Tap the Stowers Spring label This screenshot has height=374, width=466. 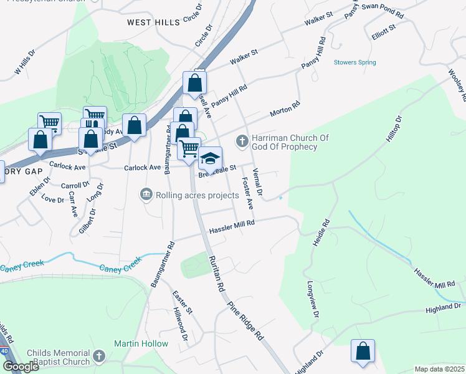354,62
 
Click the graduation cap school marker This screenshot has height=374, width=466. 211,158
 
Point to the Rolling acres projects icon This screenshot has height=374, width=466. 146,195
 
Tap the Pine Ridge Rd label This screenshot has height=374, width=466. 246,320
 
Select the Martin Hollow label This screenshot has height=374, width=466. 141,343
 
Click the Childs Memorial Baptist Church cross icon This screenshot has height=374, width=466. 98,357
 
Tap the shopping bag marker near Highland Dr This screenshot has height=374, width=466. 363,350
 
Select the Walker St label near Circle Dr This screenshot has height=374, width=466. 244,59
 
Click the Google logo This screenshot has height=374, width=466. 20,367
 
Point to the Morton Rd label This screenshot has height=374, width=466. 285,110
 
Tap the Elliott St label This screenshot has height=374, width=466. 383,31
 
